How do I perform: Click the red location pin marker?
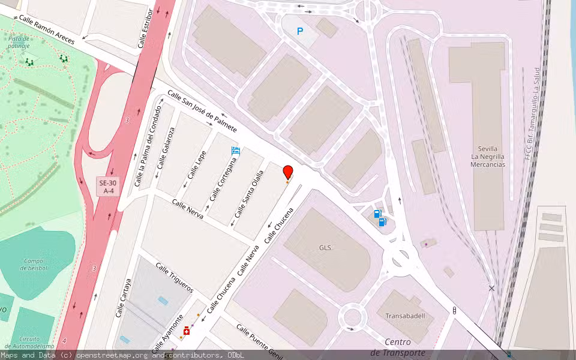[288, 172]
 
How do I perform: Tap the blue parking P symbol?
[300, 31]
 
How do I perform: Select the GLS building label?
[325, 247]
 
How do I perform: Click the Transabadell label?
[406, 316]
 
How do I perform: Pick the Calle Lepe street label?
[197, 164]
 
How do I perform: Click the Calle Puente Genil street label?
[259, 339]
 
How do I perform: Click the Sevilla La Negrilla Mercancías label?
[487, 156]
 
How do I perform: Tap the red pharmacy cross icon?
[187, 331]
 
